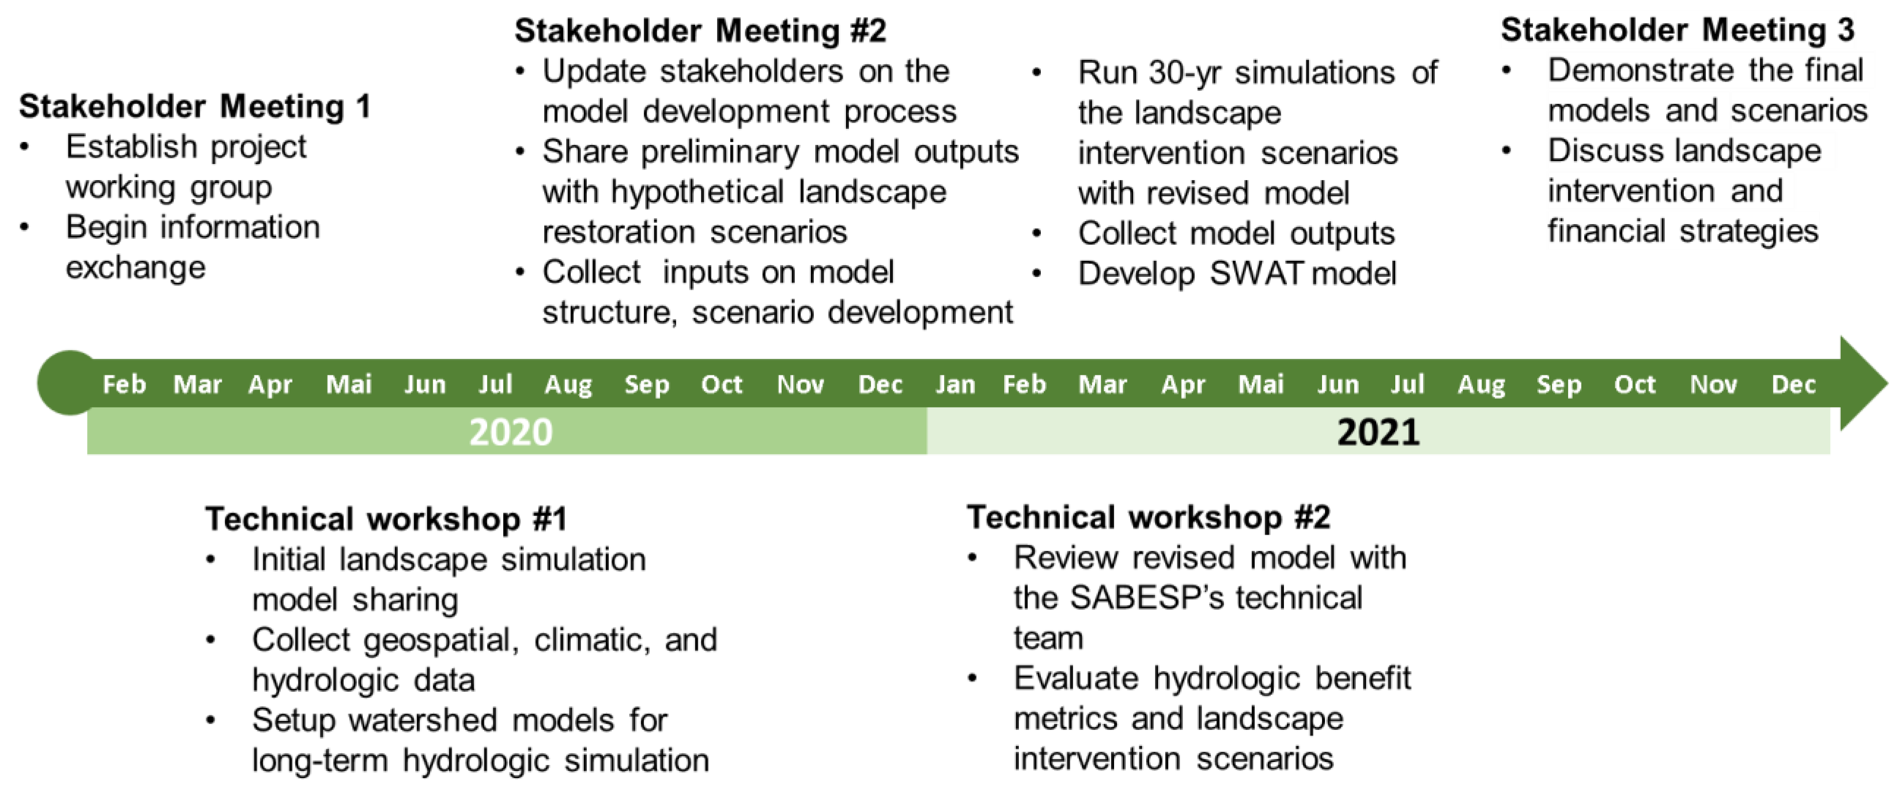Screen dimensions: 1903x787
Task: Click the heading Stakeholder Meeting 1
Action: [194, 106]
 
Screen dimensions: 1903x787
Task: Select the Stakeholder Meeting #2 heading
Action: [701, 31]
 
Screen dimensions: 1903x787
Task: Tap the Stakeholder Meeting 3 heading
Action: [1677, 30]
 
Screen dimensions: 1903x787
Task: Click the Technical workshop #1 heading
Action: [386, 519]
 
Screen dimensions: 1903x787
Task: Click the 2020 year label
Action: [511, 432]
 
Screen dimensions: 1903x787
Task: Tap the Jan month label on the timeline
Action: [955, 384]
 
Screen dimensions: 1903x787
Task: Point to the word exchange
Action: [136, 268]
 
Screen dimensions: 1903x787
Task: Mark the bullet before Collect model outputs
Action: [1037, 233]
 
